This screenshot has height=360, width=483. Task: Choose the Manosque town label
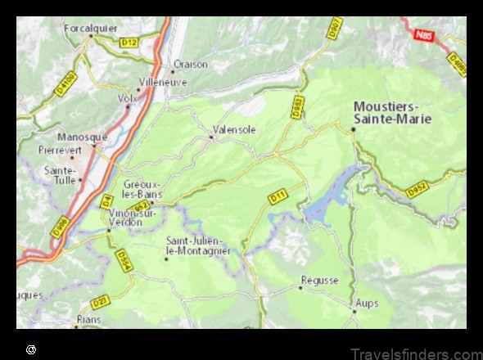[82, 137]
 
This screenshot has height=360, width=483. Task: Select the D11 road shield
[276, 196]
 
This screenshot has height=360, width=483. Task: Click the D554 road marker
[124, 260]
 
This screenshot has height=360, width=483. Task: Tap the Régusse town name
[319, 280]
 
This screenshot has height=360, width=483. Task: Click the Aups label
[366, 304]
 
